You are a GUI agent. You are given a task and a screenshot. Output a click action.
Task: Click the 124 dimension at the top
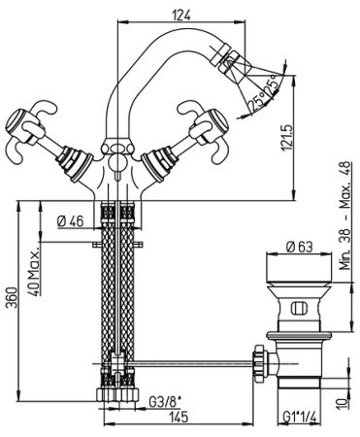[x=181, y=15]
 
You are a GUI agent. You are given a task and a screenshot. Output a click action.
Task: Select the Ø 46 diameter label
[x=70, y=221]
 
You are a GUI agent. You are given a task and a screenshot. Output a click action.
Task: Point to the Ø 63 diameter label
[x=300, y=247]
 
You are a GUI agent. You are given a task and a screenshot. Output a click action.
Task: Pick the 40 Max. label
[x=34, y=271]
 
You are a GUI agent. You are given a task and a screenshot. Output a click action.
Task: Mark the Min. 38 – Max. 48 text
[x=344, y=216]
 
